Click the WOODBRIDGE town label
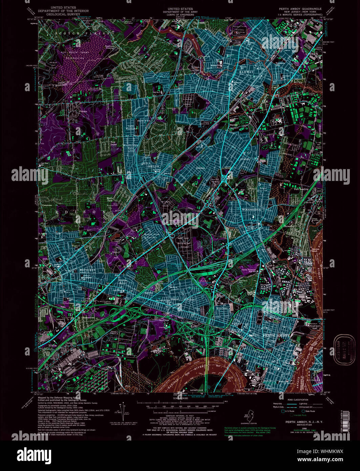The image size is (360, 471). [251, 210]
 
